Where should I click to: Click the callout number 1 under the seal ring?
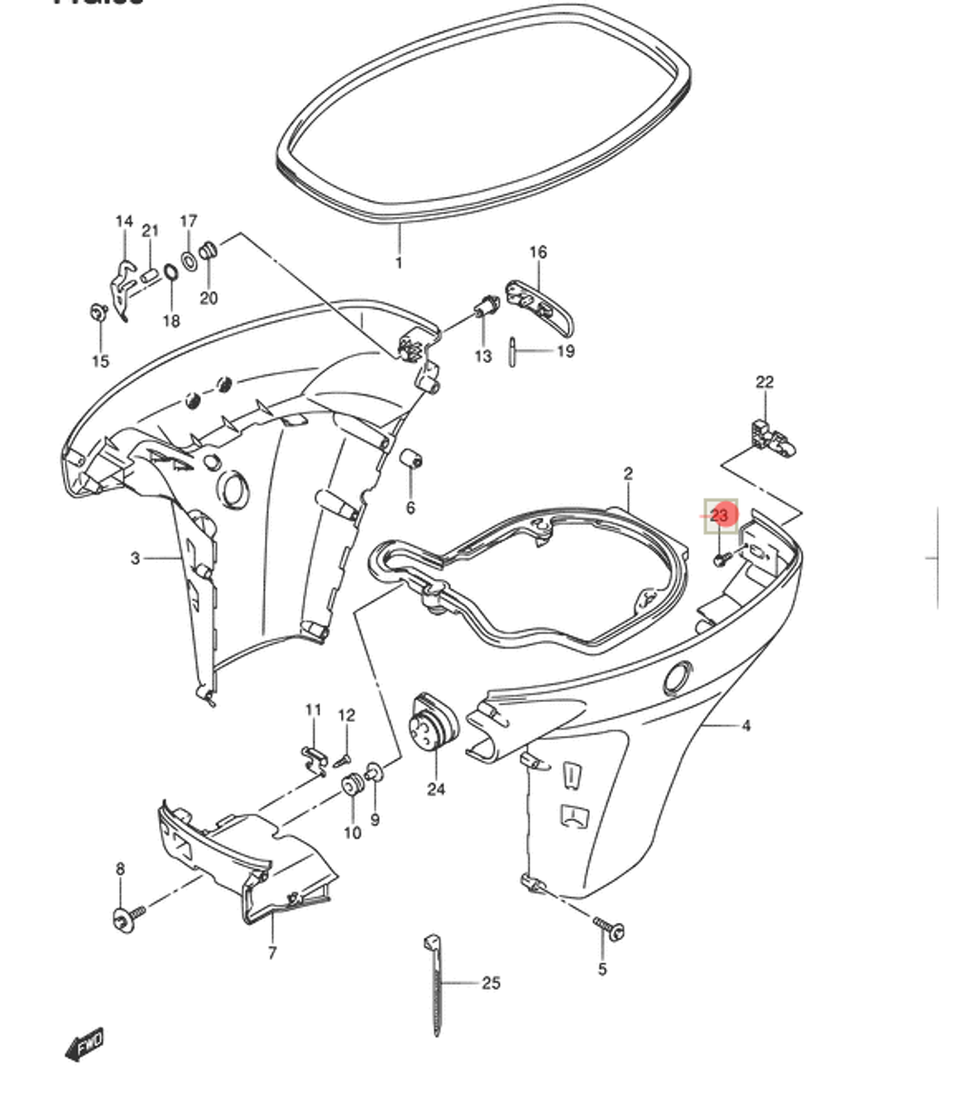click(x=398, y=263)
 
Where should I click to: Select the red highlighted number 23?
click(x=720, y=515)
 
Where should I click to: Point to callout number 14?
click(x=124, y=222)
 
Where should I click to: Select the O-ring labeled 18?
click(x=170, y=275)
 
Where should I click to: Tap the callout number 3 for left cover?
click(x=135, y=558)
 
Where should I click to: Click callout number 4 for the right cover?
click(x=745, y=726)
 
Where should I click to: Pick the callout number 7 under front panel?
click(x=272, y=952)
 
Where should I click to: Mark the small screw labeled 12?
click(x=343, y=757)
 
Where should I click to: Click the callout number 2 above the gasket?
click(x=628, y=473)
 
